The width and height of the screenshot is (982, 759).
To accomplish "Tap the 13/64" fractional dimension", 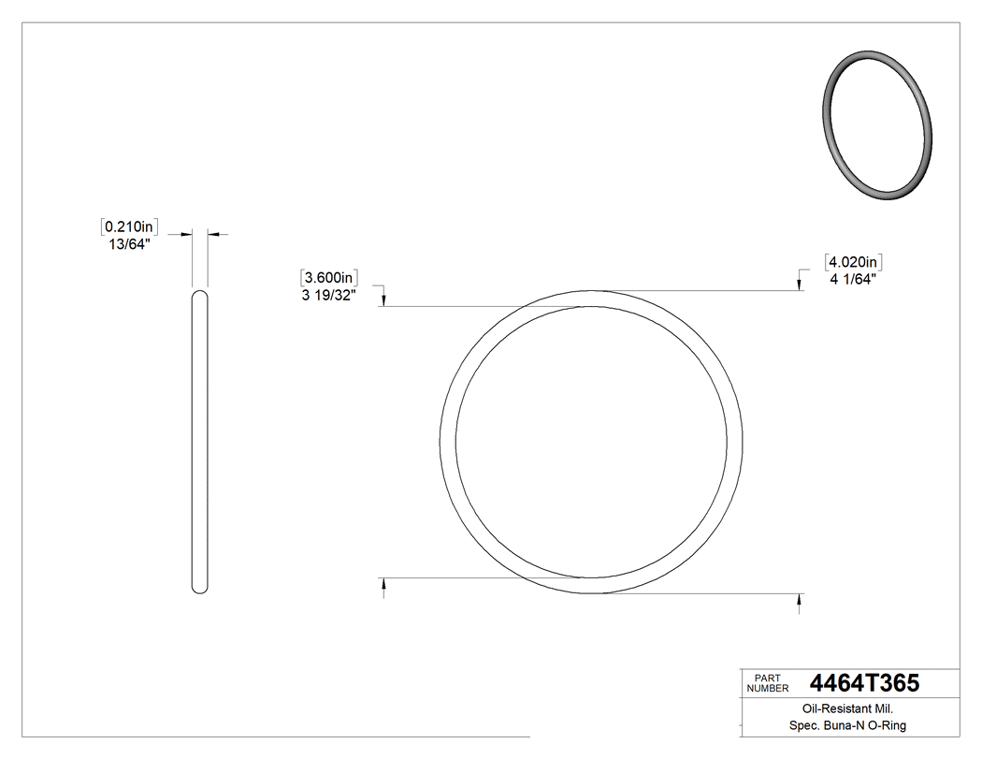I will [130, 244].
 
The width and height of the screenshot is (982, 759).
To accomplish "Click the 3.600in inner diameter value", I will [330, 278].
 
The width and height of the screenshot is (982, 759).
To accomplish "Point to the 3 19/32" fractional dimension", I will [328, 296].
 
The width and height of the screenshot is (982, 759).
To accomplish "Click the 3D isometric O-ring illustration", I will [878, 125].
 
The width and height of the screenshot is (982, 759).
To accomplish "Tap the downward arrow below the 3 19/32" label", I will [384, 299].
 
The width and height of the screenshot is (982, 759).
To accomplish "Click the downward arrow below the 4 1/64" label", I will [799, 284].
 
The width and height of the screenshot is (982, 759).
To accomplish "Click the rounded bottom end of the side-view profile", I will [199, 588].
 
